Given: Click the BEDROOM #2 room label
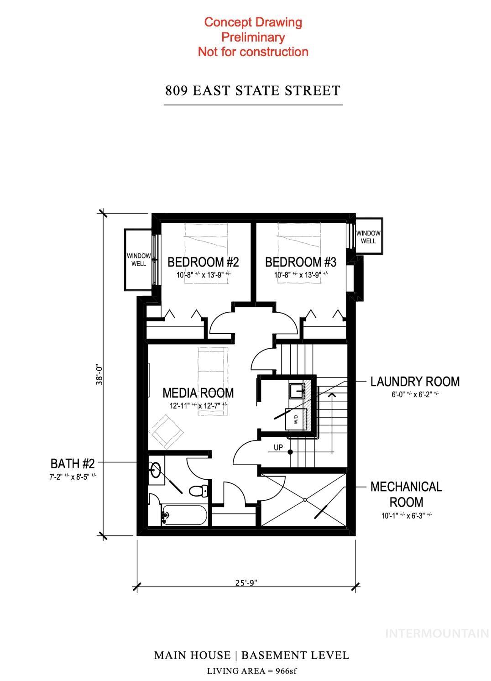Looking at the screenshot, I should tap(203, 262).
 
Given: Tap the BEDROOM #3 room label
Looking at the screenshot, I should tap(301, 262).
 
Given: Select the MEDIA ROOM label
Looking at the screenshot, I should tap(198, 393).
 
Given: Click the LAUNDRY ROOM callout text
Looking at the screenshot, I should tap(415, 382).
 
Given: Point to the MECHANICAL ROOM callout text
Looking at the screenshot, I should tap(406, 494).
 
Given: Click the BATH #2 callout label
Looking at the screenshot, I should tap(73, 464).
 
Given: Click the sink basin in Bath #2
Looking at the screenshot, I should tap(156, 470).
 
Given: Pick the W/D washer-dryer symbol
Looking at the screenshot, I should tap(296, 419).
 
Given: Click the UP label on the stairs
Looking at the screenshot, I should tap(278, 448).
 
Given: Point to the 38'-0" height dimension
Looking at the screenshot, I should tap(99, 374).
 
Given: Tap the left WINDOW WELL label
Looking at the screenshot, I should tap(139, 260).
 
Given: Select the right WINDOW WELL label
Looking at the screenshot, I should tap(368, 237).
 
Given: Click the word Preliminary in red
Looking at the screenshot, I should tap(253, 37).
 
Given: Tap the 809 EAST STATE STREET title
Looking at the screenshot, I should tap(253, 90).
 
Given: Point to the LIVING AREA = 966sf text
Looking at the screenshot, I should tap(252, 671).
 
